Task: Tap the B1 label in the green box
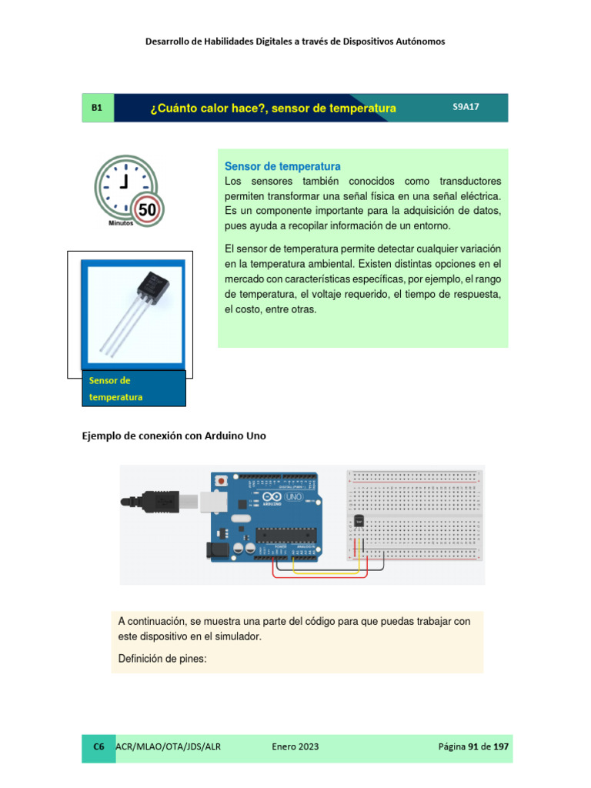(97, 109)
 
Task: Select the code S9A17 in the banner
(466, 108)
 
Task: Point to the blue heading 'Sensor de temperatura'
(282, 166)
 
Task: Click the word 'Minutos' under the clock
(121, 222)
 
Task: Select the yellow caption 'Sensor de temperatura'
(116, 389)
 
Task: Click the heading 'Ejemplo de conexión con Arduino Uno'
(174, 436)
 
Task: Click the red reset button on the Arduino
(222, 481)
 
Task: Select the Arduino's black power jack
(214, 549)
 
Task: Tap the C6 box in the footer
(98, 746)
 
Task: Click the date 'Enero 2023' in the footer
(295, 746)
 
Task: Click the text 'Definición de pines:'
(163, 658)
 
